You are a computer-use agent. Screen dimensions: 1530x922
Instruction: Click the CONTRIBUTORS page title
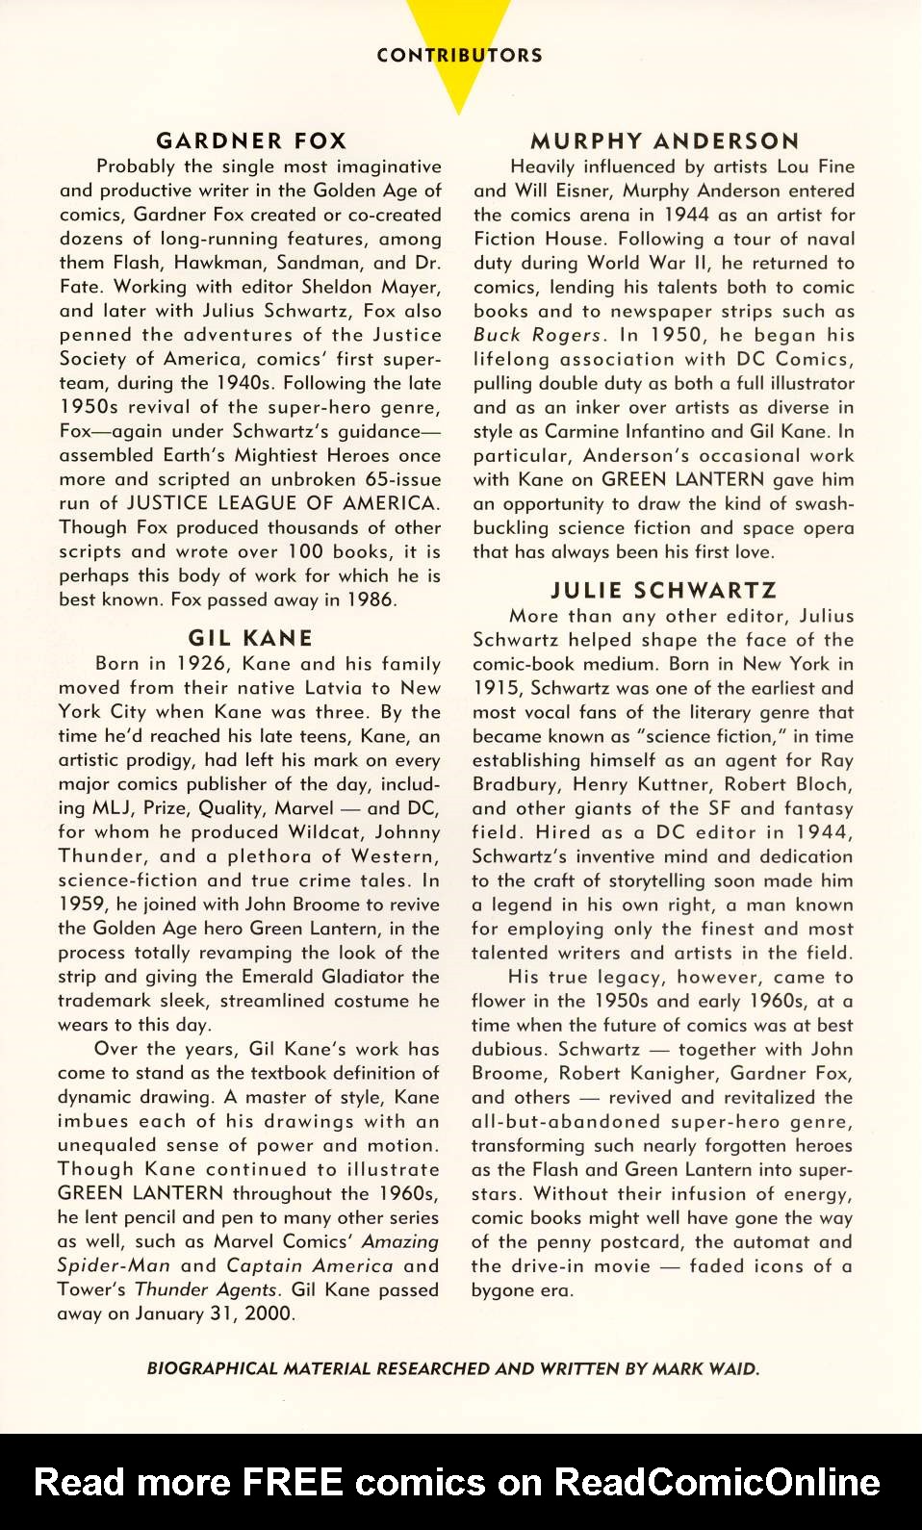pyautogui.click(x=459, y=55)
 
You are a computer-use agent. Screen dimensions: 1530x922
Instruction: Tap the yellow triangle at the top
pyautogui.click(x=459, y=87)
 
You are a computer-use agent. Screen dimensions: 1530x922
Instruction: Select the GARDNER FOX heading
pyautogui.click(x=251, y=140)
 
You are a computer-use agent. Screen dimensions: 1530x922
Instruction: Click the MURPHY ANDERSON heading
pyautogui.click(x=665, y=141)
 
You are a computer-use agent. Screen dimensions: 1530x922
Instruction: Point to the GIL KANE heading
pyautogui.click(x=250, y=638)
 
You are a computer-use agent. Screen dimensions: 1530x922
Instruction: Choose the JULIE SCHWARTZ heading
pyautogui.click(x=663, y=590)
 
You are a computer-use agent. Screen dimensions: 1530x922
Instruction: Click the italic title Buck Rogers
pyautogui.click(x=539, y=335)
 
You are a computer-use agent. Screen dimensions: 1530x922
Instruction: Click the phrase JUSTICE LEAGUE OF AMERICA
pyautogui.click(x=282, y=503)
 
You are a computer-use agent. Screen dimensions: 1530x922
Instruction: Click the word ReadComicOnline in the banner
pyautogui.click(x=717, y=1482)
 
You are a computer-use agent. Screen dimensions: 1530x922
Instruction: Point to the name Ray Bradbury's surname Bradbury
pyautogui.click(x=517, y=784)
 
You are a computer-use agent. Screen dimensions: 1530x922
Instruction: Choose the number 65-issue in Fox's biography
pyautogui.click(x=402, y=479)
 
